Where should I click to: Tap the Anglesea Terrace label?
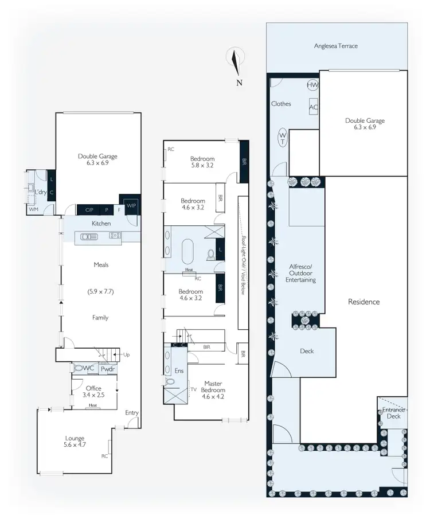336,46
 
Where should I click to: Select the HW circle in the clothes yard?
312,85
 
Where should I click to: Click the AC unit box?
314,107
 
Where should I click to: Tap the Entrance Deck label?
394,413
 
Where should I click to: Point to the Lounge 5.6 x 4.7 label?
75,440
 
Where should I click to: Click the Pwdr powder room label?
107,370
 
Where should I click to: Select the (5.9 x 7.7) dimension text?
101,291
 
